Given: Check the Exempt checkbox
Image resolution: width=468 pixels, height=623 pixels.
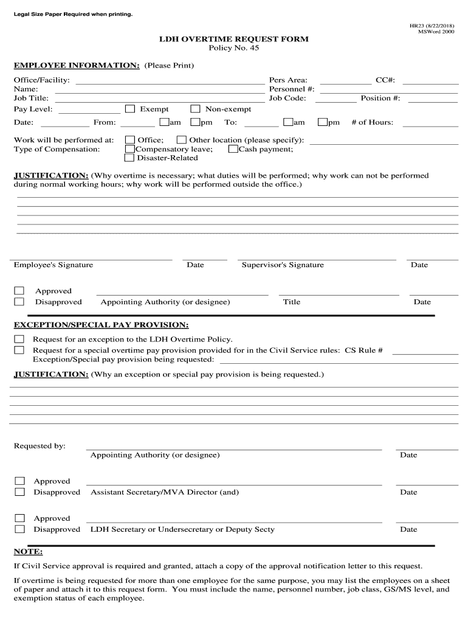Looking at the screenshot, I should point(130,109).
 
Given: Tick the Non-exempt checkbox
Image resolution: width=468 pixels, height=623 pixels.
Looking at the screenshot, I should point(196,109).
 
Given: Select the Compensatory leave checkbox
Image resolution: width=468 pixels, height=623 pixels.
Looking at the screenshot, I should point(129,149).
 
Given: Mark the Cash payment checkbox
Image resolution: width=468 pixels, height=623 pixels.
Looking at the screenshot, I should point(233,149).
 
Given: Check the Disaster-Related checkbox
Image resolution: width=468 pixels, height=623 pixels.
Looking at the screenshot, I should point(129,158).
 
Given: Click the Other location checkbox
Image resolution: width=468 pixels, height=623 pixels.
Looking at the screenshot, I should point(181,140).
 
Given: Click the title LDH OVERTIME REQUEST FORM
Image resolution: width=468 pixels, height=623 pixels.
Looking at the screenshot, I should point(233,39).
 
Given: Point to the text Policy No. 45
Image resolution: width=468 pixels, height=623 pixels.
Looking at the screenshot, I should point(233,48).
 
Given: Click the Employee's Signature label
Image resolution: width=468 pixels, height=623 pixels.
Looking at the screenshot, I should point(53,265).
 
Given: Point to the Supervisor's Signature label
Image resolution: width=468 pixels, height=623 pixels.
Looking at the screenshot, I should point(283,265).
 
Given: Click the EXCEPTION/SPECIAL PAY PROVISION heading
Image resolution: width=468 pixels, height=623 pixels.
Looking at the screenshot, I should point(101,325).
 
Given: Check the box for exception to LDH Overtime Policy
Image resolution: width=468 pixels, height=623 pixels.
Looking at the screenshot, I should point(19,339).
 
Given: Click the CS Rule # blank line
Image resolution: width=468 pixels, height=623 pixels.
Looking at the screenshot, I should point(425,352).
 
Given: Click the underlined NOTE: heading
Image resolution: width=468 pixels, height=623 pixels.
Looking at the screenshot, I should point(29,552).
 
